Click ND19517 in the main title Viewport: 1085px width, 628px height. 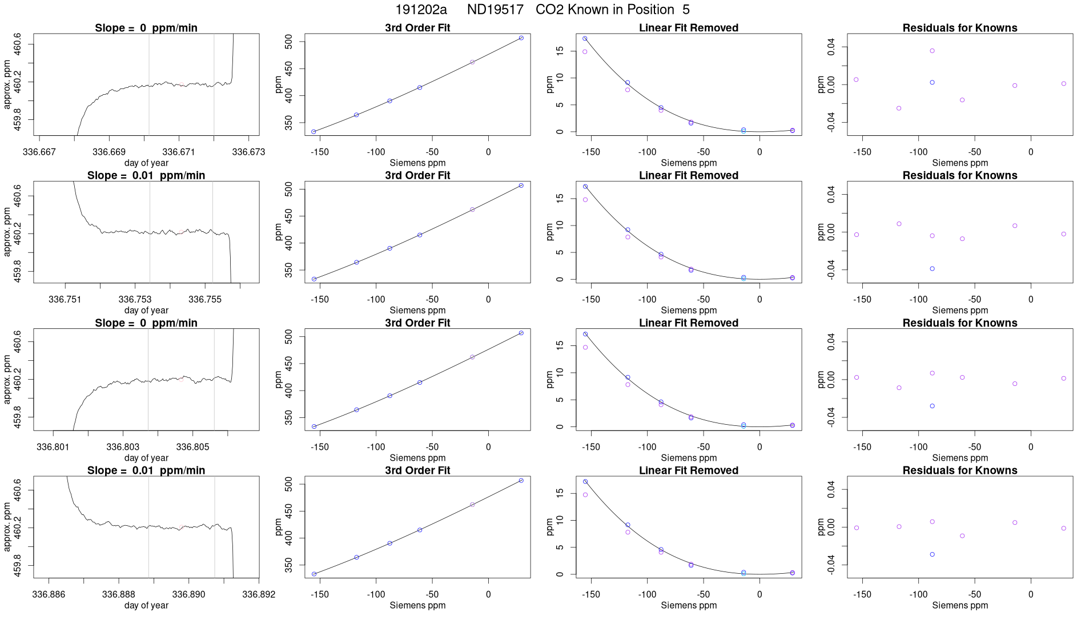tap(495, 10)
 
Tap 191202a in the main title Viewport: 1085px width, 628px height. tap(421, 10)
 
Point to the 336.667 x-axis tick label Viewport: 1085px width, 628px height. tap(39, 152)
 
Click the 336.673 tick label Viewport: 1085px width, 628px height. tap(249, 152)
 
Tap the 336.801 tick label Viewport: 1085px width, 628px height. tap(53, 446)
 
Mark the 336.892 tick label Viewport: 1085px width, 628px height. tap(259, 594)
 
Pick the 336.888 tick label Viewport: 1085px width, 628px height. tap(119, 594)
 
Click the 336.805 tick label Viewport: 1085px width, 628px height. tap(192, 446)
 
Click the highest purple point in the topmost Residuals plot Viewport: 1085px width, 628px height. tap(932, 51)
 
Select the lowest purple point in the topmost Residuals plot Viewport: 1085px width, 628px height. tap(899, 108)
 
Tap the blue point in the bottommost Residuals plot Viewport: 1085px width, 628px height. tap(932, 554)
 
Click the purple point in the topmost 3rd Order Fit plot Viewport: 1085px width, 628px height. tap(472, 62)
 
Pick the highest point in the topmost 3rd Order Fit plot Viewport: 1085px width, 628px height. tap(521, 38)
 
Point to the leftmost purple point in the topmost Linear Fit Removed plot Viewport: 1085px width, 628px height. tap(585, 52)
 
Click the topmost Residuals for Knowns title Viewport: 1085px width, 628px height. tap(959, 28)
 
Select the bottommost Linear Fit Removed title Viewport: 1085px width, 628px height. tap(688, 470)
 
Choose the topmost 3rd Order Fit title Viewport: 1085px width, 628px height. tap(417, 28)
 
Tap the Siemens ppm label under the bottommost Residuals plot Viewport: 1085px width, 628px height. tap(959, 605)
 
